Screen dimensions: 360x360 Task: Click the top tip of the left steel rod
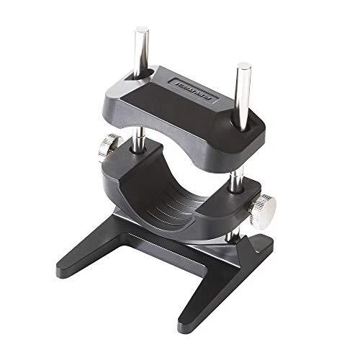tap(142, 30)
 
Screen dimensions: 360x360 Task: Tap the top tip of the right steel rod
tap(243, 67)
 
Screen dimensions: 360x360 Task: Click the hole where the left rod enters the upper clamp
tap(143, 73)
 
